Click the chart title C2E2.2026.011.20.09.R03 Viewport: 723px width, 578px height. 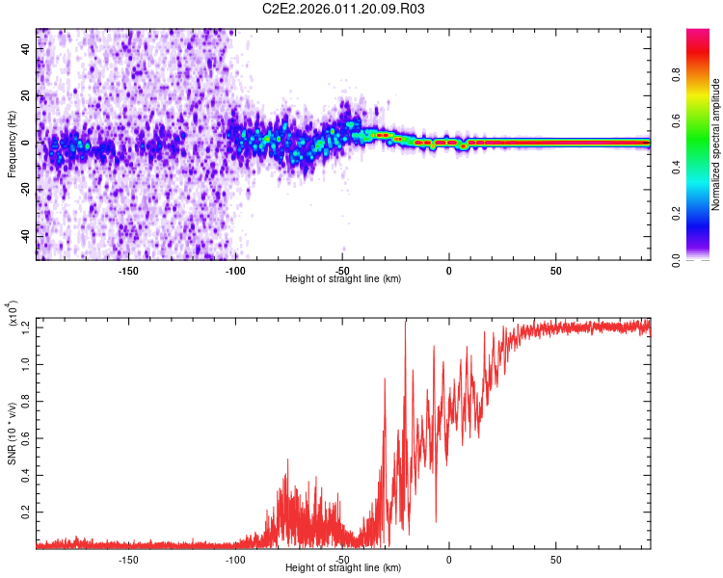coord(344,9)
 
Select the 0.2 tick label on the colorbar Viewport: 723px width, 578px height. coord(678,214)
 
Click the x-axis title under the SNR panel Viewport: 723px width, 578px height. coord(343,568)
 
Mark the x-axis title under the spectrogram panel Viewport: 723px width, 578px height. coord(343,279)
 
